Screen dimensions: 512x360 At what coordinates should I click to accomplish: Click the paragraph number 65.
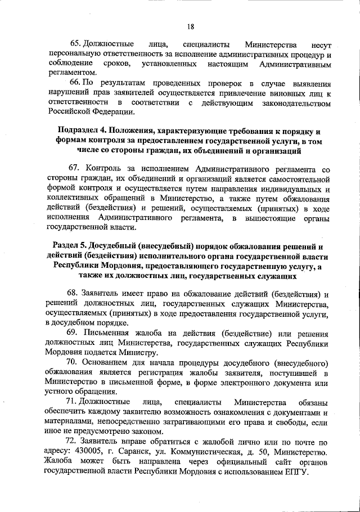tap(75, 44)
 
